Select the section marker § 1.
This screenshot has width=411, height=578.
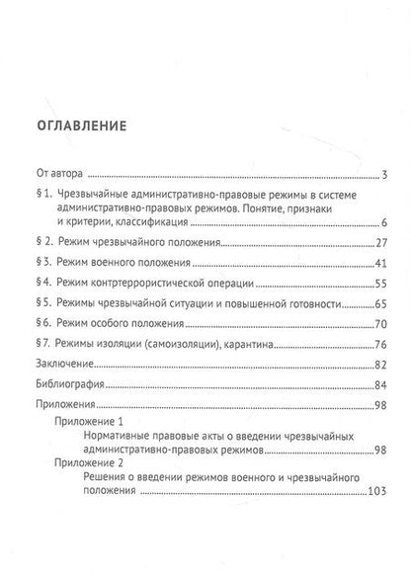(x=41, y=197)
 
